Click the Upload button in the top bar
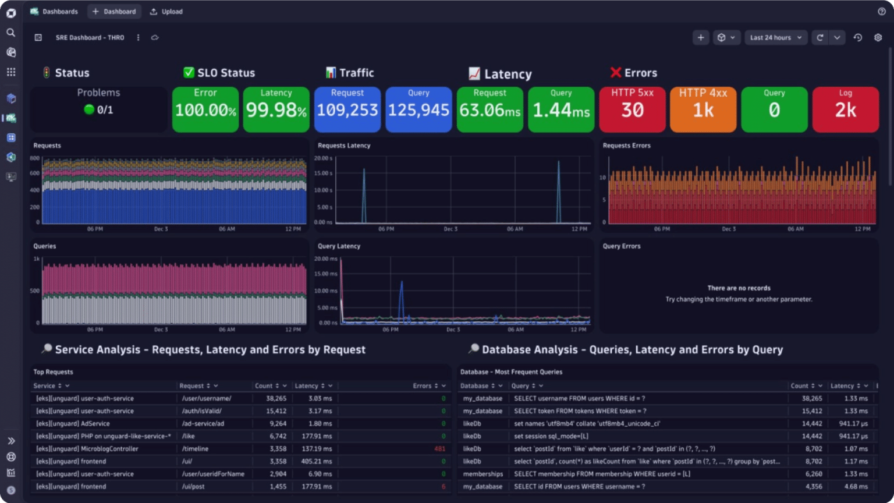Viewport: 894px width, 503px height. pyautogui.click(x=166, y=12)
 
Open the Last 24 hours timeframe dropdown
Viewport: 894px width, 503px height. pyautogui.click(x=776, y=38)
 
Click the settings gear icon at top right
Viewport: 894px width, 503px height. pyautogui.click(x=878, y=38)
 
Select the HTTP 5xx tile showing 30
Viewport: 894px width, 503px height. pyautogui.click(x=632, y=109)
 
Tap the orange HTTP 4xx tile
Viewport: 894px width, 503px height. pyautogui.click(x=703, y=109)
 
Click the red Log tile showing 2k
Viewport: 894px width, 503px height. pyautogui.click(x=845, y=109)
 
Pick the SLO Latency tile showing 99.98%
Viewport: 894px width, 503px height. pyautogui.click(x=276, y=109)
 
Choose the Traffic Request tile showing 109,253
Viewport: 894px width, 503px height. pyautogui.click(x=347, y=109)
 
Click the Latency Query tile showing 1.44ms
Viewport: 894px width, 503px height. pyautogui.click(x=561, y=109)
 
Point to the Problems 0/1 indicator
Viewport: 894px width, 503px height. pyautogui.click(x=99, y=109)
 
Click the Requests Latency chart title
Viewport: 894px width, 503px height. pyautogui.click(x=344, y=146)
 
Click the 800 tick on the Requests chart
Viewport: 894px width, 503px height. pyautogui.click(x=35, y=158)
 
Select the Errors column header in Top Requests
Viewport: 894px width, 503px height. pyautogui.click(x=422, y=386)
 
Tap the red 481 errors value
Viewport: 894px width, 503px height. pyautogui.click(x=439, y=449)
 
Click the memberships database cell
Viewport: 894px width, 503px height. pyautogui.click(x=483, y=474)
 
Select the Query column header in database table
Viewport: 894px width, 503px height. pyautogui.click(x=520, y=386)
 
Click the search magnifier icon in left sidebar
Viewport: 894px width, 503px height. pyautogui.click(x=10, y=33)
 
